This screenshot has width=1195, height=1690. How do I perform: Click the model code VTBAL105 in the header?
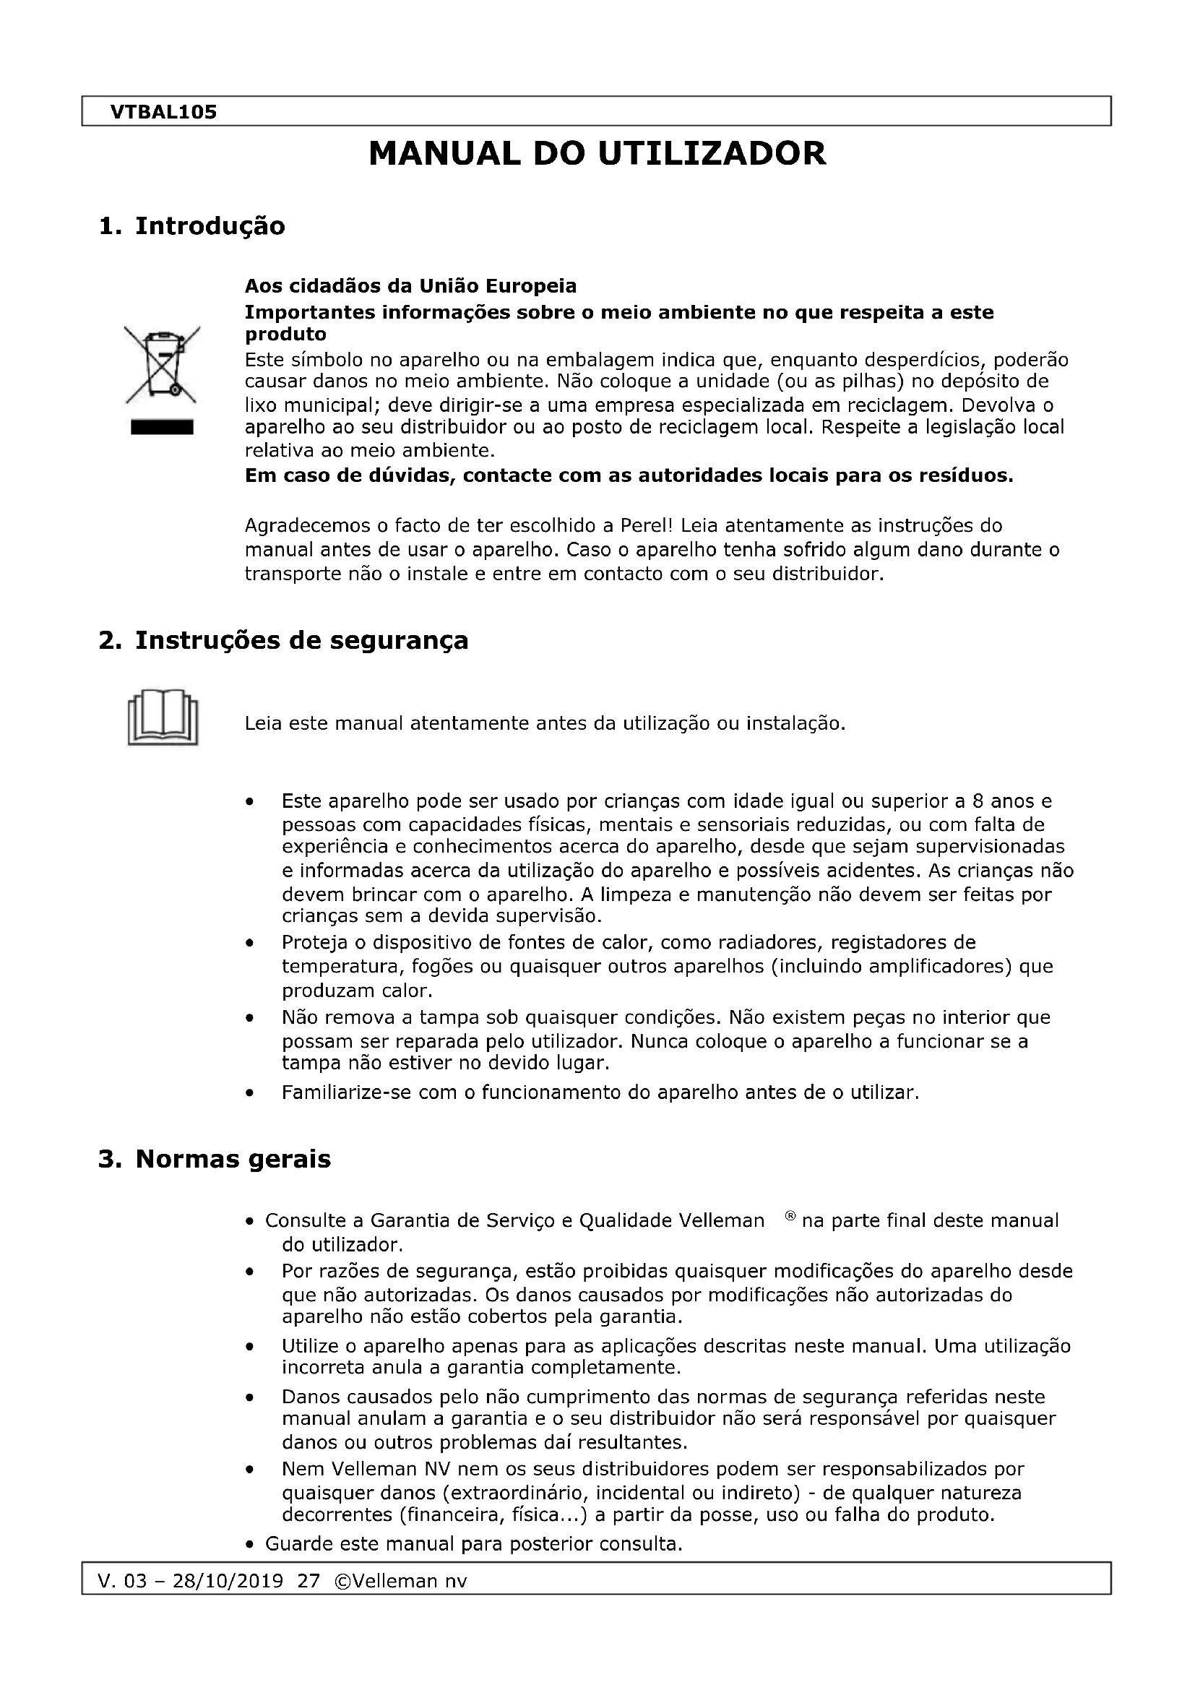(x=163, y=112)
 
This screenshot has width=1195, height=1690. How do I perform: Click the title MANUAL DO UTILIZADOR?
(x=597, y=154)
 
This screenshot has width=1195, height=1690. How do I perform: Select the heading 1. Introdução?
(x=191, y=226)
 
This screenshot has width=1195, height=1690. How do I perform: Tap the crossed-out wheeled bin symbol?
(x=162, y=365)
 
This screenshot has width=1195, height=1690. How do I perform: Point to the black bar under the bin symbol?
(x=162, y=428)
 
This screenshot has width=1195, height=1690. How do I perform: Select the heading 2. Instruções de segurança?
(x=283, y=640)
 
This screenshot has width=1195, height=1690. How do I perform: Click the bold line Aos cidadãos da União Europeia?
(x=410, y=285)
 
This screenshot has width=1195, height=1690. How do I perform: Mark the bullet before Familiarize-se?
(x=251, y=1094)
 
